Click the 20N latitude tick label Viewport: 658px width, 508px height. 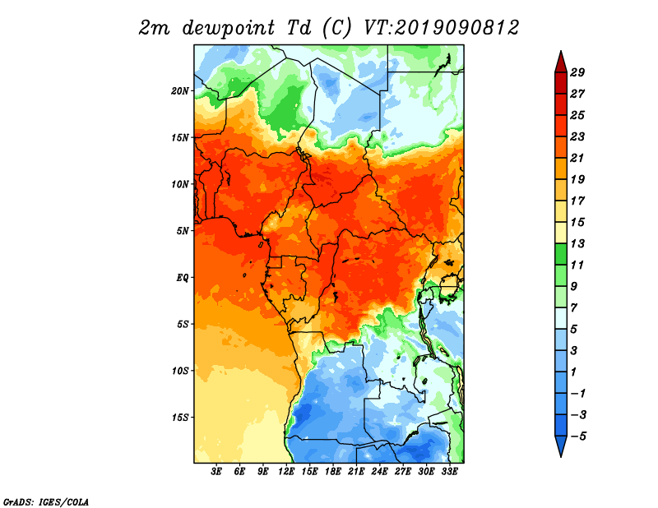[180, 91]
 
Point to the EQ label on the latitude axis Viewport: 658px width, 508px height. [182, 278]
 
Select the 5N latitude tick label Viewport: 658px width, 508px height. [183, 231]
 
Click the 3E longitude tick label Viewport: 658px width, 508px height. [216, 472]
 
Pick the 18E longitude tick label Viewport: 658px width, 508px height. [333, 472]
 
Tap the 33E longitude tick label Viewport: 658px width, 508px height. [449, 472]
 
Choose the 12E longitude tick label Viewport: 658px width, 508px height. [286, 472]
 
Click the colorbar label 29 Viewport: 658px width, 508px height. [577, 72]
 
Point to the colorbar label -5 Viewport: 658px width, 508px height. [578, 436]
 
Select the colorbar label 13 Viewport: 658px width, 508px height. [577, 243]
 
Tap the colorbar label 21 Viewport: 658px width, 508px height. [577, 158]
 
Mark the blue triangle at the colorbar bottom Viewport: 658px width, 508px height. [561, 445]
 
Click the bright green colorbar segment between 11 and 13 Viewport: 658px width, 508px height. [561, 254]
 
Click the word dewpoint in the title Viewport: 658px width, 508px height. [229, 29]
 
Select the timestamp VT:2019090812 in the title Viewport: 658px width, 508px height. [442, 28]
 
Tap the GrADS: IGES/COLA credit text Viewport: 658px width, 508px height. [46, 501]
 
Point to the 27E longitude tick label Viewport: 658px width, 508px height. [403, 472]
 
